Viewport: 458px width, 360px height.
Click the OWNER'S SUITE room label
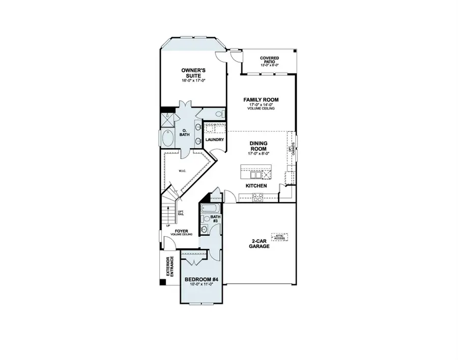pyautogui.click(x=193, y=73)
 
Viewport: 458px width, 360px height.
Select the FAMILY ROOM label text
pyautogui.click(x=261, y=100)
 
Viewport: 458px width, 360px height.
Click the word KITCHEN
pyautogui.click(x=257, y=186)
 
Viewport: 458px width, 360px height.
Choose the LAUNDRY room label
pyautogui.click(x=214, y=140)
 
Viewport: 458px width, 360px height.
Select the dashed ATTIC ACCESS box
pyautogui.click(x=280, y=237)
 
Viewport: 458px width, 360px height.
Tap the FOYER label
pyautogui.click(x=182, y=231)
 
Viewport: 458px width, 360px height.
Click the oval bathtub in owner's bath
pyautogui.click(x=167, y=139)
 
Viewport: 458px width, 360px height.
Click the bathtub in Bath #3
pyautogui.click(x=209, y=209)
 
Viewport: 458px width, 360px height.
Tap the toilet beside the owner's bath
pyautogui.click(x=219, y=114)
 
